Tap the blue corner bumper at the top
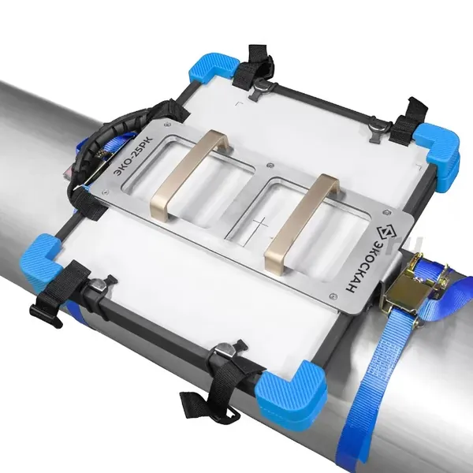click(213, 69)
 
